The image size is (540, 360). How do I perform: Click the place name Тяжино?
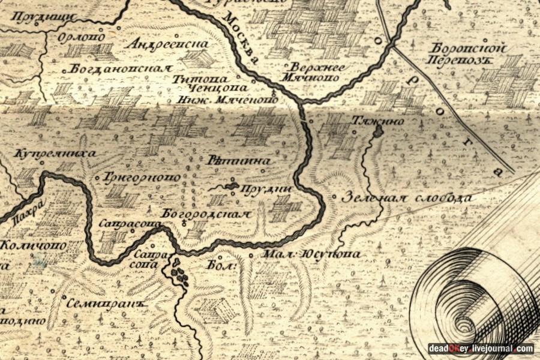(377, 121)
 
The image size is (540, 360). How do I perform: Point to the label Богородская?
(205, 214)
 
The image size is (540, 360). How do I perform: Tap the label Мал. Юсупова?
(312, 254)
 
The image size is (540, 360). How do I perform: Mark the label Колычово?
(33, 245)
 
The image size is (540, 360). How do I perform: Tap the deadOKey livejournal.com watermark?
(480, 348)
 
